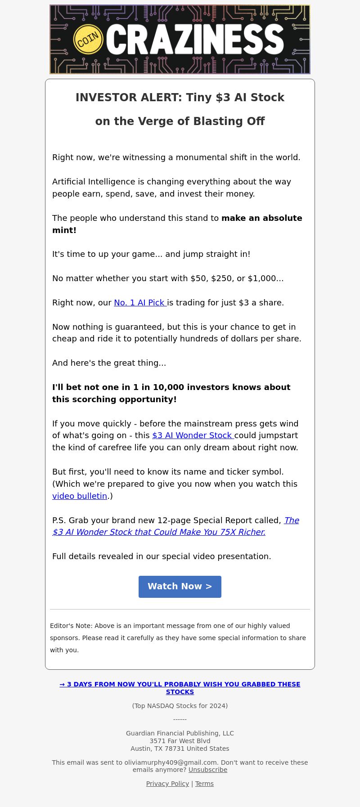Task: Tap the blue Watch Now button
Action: (x=180, y=587)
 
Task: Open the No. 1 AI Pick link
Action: (x=140, y=303)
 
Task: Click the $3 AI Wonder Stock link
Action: (x=193, y=435)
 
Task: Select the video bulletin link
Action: (x=80, y=496)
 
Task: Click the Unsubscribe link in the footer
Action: (x=208, y=770)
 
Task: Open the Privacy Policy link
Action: (x=167, y=784)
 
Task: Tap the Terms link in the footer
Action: (x=204, y=784)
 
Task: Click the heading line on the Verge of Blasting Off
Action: (x=180, y=121)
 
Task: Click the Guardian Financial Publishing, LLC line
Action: (x=180, y=733)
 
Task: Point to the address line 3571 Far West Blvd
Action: (x=180, y=741)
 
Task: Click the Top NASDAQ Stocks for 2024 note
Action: (x=180, y=706)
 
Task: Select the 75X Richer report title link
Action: (x=159, y=532)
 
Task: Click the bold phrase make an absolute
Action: (x=262, y=218)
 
